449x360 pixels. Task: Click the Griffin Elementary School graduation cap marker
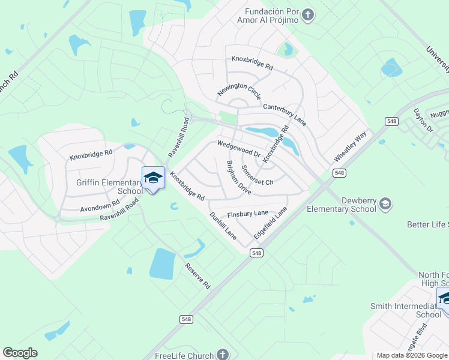153,178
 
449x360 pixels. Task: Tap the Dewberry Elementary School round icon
385,205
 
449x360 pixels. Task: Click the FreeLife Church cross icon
223,355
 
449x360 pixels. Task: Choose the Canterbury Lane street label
285,114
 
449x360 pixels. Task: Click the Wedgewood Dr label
238,149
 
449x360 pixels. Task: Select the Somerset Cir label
257,175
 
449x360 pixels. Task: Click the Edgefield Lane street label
270,223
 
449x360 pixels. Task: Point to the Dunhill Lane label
223,226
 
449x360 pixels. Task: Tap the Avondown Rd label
95,207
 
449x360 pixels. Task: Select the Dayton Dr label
423,120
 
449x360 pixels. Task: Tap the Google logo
20,353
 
